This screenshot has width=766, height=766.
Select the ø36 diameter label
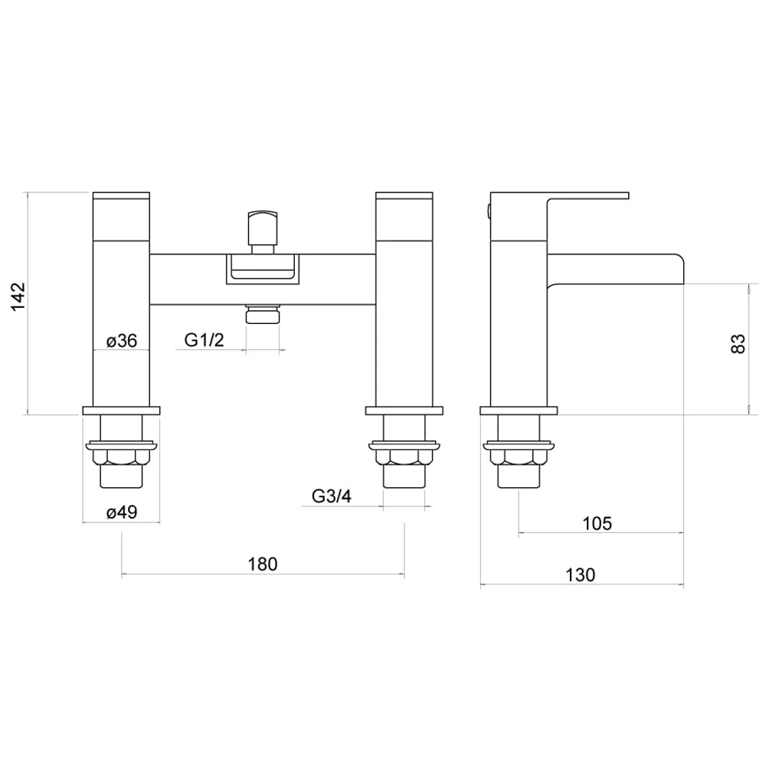tap(121, 342)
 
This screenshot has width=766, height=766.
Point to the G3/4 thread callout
tap(332, 496)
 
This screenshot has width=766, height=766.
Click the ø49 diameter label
tap(121, 513)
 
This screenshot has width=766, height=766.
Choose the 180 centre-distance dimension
tap(262, 565)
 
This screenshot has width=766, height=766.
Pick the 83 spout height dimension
tap(738, 343)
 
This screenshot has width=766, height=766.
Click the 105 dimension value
tap(597, 524)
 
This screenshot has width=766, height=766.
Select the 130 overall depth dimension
tap(581, 575)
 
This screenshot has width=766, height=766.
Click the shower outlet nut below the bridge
tap(262, 316)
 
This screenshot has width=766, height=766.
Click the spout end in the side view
tap(674, 268)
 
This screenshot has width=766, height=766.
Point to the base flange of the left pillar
tap(121, 411)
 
